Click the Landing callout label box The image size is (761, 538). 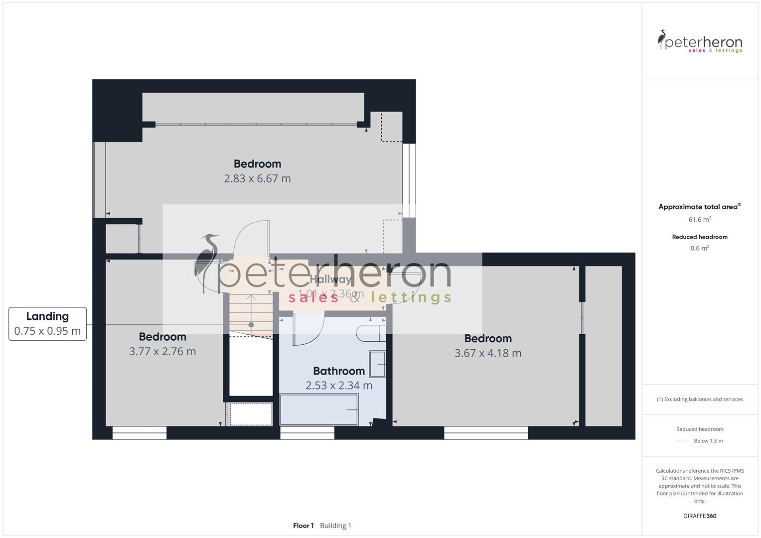[x=47, y=324]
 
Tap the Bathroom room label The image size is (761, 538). [x=339, y=371]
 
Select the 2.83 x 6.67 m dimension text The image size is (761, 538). [x=257, y=178]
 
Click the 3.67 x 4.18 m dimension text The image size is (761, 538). [x=488, y=353]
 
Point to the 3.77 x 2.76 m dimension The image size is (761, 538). [x=162, y=351]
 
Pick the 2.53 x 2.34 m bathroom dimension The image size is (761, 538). [x=339, y=386]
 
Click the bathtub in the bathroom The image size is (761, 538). [x=319, y=409]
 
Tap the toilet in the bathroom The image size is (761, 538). [x=371, y=333]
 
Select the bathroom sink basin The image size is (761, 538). [x=377, y=364]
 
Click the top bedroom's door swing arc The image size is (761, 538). [x=251, y=239]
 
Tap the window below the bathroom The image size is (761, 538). [x=307, y=433]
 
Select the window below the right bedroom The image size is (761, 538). [x=486, y=433]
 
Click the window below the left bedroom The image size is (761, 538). [x=140, y=433]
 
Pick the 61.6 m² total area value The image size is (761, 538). [x=700, y=219]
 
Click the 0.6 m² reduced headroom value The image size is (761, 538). [x=700, y=248]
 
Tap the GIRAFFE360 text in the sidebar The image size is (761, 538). [x=700, y=516]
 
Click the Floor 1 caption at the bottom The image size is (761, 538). [x=304, y=526]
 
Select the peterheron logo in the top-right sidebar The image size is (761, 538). [x=700, y=42]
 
